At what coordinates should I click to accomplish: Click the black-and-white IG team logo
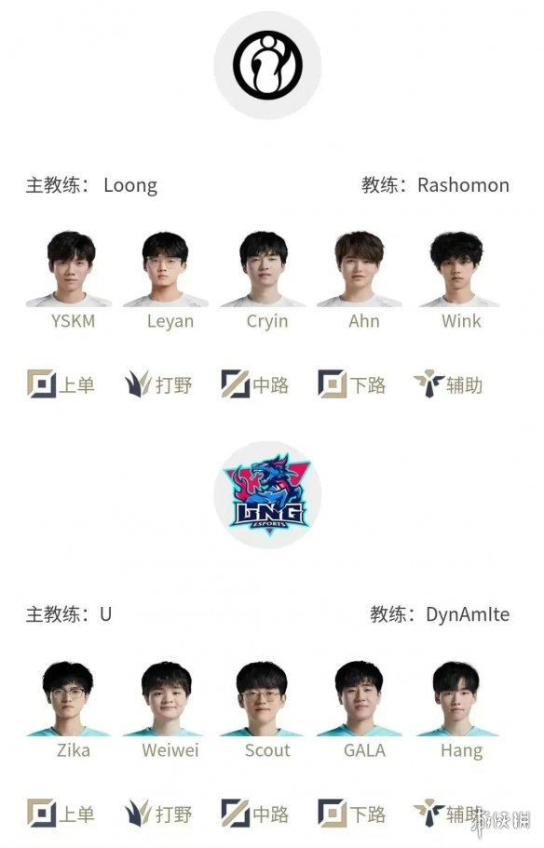267,64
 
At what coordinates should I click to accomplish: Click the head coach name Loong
130,185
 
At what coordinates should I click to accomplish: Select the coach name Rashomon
463,185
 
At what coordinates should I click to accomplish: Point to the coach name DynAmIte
468,614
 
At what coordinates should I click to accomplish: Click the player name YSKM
73,321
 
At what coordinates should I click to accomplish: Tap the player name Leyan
170,322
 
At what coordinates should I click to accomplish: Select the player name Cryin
267,322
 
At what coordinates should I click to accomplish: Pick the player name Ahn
364,321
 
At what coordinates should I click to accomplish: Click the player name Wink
461,321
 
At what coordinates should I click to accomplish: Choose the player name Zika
73,750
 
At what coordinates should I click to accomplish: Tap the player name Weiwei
170,750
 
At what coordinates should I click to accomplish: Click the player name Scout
267,750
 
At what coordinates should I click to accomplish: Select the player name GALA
365,750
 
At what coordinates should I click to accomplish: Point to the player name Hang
462,751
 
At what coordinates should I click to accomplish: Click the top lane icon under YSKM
42,384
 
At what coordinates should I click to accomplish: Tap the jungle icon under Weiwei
138,814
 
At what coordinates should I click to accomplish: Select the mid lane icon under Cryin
236,384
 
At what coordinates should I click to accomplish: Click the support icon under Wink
428,384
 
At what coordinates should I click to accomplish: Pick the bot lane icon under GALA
333,814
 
